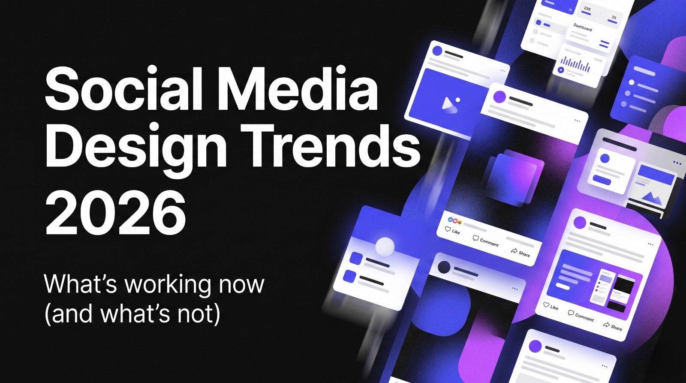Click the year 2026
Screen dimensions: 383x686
pyautogui.click(x=116, y=213)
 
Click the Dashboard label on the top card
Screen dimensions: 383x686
pyautogui.click(x=583, y=27)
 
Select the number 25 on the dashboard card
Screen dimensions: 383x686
pyautogui.click(x=614, y=18)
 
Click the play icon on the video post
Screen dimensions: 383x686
pyautogui.click(x=449, y=104)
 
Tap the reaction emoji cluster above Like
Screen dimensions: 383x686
pyautogui.click(x=455, y=220)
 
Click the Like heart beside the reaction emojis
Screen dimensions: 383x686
pyautogui.click(x=448, y=229)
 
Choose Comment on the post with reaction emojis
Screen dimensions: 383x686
pyautogui.click(x=485, y=241)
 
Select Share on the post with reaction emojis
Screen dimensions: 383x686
pyautogui.click(x=520, y=252)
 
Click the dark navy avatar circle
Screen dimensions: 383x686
pyautogui.click(x=444, y=267)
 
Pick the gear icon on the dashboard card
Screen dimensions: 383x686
pyautogui.click(x=570, y=9)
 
